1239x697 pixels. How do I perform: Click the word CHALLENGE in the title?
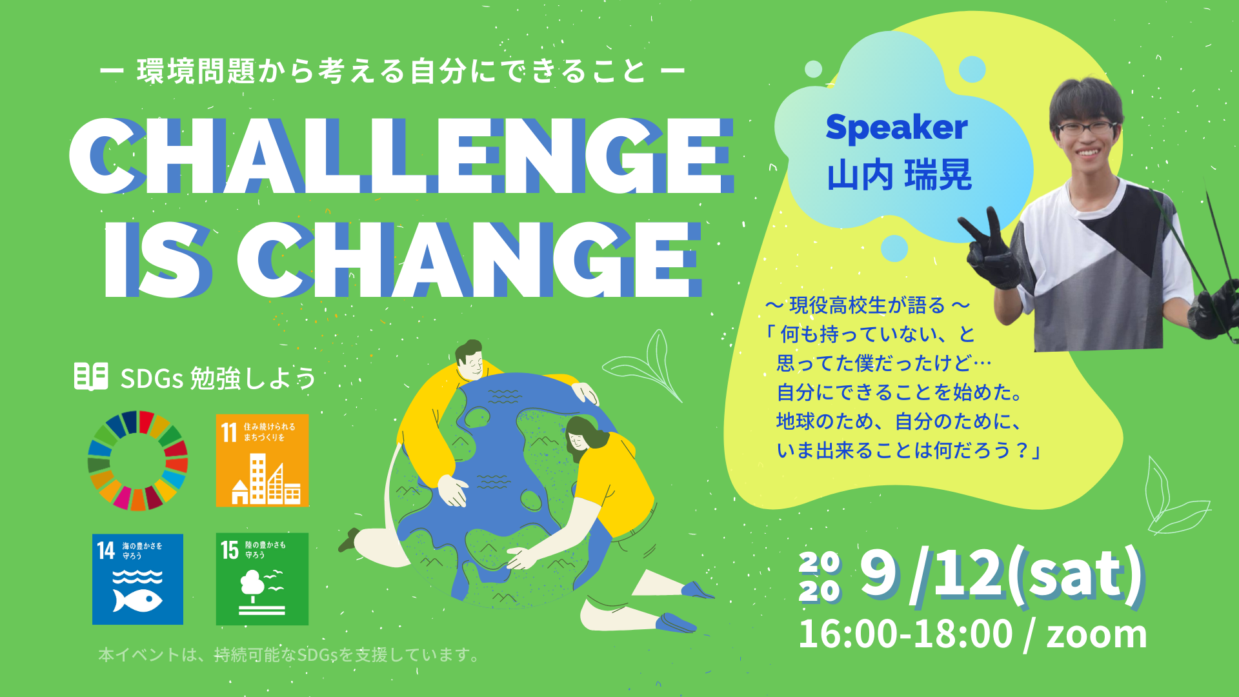click(x=400, y=156)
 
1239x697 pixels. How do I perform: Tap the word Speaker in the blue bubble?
click(x=896, y=127)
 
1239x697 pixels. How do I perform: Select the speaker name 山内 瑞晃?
click(x=899, y=175)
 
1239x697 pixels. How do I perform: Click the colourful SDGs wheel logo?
click(x=137, y=461)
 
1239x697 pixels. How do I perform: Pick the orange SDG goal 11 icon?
click(x=262, y=460)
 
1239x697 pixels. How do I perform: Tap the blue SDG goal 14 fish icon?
click(x=137, y=579)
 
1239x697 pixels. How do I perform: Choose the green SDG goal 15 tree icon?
click(x=262, y=579)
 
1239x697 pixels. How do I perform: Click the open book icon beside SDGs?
click(x=91, y=376)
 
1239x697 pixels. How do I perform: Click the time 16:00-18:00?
click(x=905, y=634)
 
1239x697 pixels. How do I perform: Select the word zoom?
click(x=1096, y=634)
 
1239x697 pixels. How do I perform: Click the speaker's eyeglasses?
click(x=1086, y=128)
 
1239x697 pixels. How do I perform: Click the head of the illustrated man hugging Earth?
click(x=469, y=360)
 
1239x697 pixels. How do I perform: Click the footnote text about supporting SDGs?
click(x=288, y=655)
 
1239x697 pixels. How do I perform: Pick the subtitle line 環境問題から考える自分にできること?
click(x=392, y=71)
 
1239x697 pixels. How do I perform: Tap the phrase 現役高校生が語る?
click(x=867, y=305)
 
